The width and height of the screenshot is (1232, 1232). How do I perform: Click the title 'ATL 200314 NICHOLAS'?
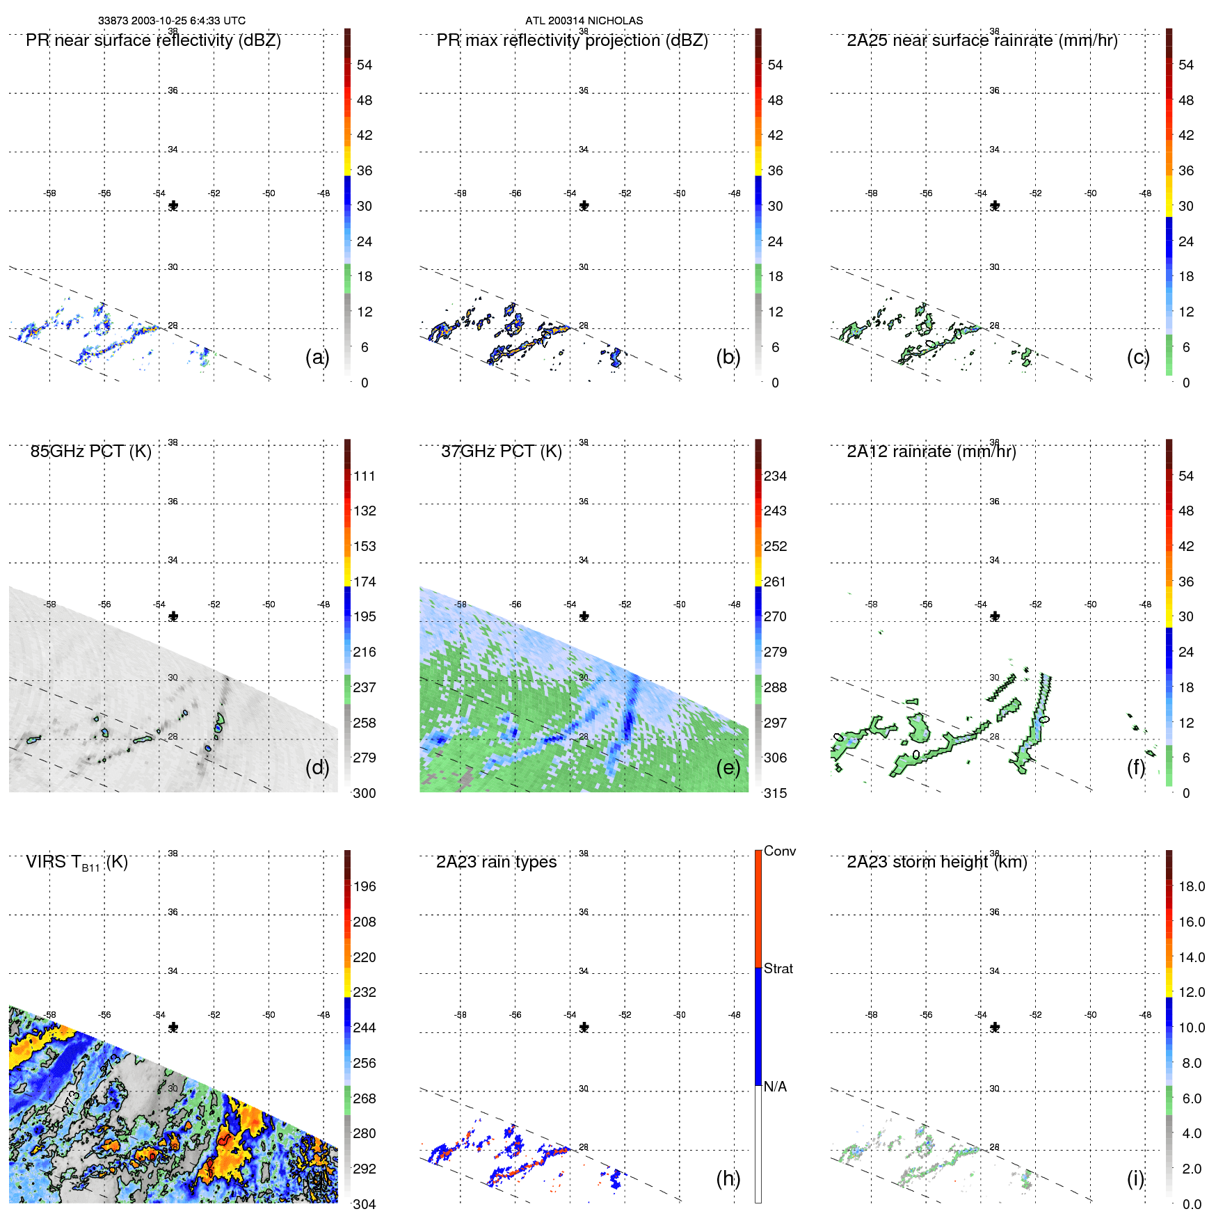[x=584, y=21]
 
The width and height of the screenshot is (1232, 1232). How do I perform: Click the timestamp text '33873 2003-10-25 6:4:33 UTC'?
[x=171, y=21]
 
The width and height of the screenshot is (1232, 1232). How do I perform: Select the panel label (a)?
[x=317, y=357]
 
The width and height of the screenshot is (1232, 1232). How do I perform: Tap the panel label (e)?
[x=728, y=767]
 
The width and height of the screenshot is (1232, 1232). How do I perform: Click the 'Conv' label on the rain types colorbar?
[x=779, y=851]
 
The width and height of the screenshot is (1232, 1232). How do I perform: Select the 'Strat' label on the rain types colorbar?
[x=778, y=968]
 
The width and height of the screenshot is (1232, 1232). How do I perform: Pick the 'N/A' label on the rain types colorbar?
[x=775, y=1087]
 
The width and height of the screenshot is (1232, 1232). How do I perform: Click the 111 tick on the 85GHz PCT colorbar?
[x=365, y=476]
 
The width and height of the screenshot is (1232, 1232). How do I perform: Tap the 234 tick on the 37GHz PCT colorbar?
[x=775, y=476]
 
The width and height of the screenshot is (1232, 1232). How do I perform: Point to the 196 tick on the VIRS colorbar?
[x=365, y=886]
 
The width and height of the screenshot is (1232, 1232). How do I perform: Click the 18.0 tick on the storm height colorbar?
[x=1191, y=886]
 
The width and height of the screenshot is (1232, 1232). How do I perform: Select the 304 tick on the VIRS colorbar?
[x=365, y=1204]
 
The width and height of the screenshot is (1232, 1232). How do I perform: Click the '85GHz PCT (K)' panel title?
[x=90, y=451]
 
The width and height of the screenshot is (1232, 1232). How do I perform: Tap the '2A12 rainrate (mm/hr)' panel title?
[x=931, y=451]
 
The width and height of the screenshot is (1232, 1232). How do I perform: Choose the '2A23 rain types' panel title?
[x=496, y=862]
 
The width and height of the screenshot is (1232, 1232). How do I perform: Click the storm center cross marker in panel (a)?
[x=173, y=206]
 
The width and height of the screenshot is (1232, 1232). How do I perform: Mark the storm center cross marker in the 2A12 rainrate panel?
[x=995, y=616]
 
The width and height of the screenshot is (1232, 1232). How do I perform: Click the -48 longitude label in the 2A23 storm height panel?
[x=1145, y=1015]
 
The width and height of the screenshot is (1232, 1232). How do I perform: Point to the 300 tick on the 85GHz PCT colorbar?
[x=365, y=793]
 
